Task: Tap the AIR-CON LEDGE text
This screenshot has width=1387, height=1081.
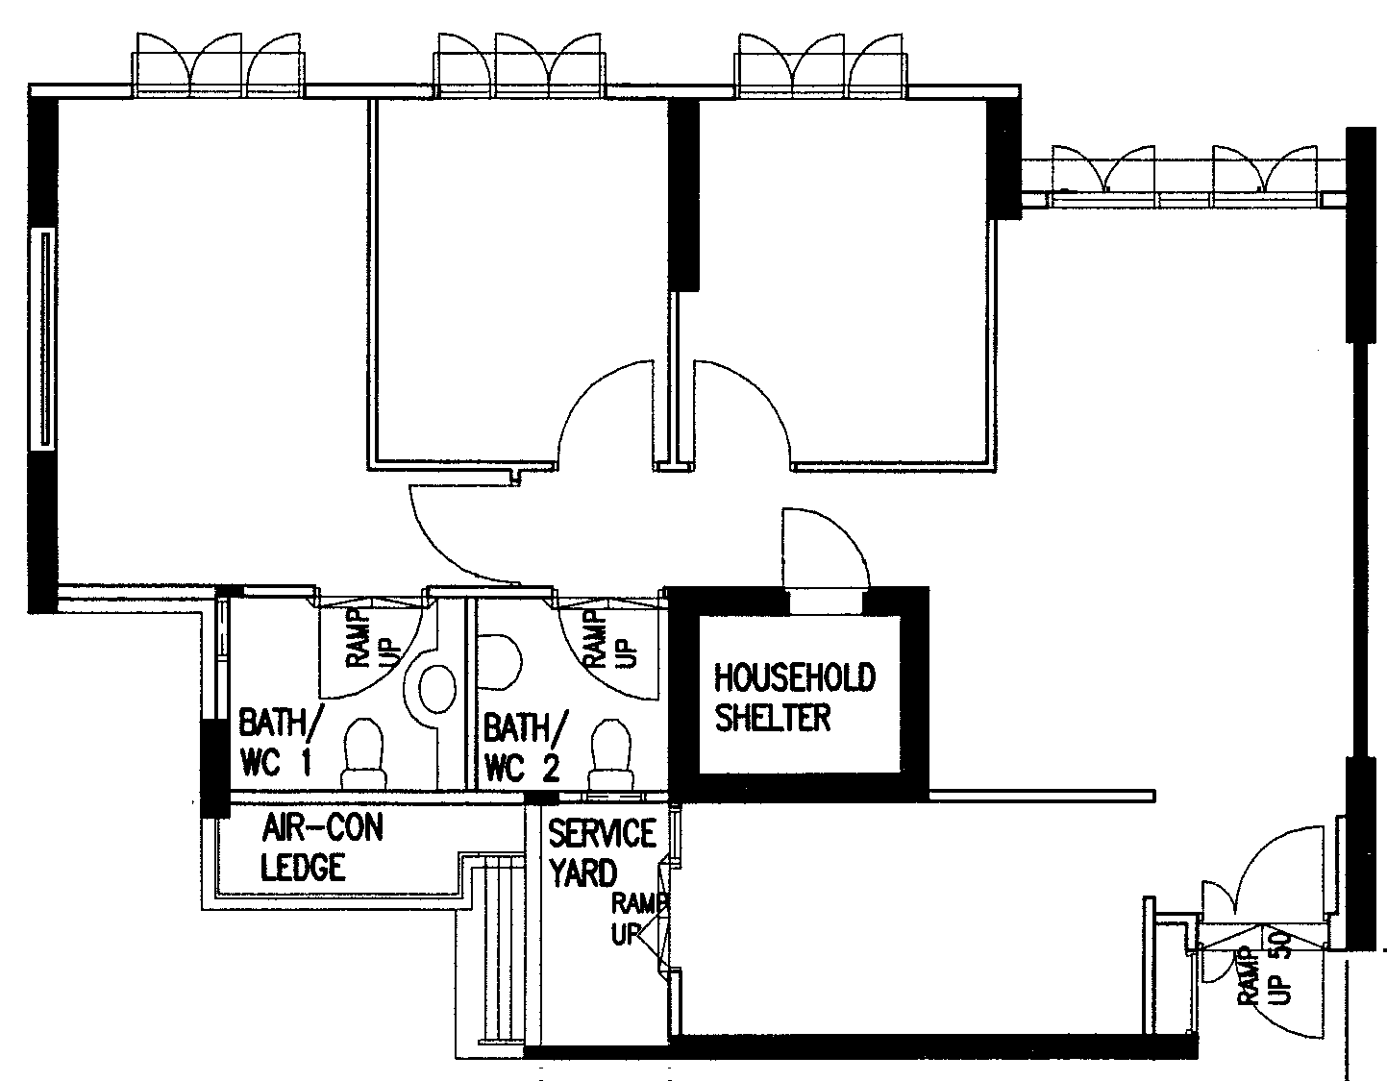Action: [322, 848]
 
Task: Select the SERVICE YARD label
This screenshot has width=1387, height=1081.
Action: [602, 853]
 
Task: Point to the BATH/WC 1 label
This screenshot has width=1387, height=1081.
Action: [281, 741]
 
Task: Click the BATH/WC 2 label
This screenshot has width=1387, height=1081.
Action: [525, 748]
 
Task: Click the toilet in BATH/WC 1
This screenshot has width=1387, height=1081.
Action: [364, 753]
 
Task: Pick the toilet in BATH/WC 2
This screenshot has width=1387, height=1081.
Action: [610, 755]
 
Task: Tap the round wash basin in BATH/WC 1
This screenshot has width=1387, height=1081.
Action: [437, 689]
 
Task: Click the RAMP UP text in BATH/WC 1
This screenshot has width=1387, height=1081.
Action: [371, 639]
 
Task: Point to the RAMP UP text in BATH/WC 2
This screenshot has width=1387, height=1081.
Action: [611, 639]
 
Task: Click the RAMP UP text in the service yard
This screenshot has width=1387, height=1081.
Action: [639, 920]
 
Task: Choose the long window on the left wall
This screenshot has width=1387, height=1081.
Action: [44, 339]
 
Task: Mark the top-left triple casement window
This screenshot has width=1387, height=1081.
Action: [218, 65]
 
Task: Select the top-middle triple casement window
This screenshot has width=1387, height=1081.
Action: [519, 65]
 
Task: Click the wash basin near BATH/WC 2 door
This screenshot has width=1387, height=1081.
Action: [501, 662]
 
